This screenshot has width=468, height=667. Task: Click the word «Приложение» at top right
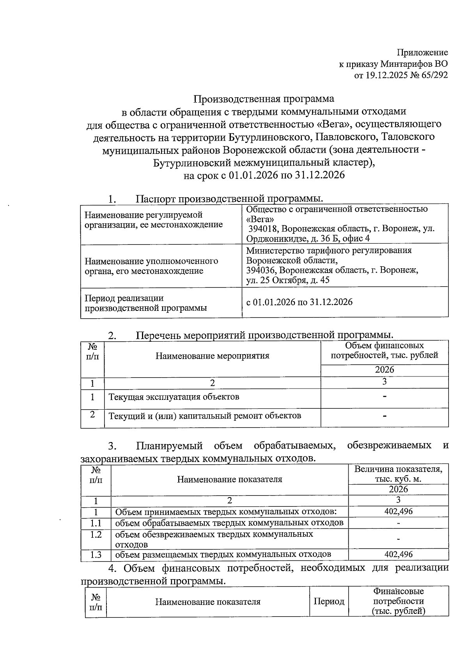[x=422, y=52]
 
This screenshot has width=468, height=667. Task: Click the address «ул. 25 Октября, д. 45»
[x=288, y=280]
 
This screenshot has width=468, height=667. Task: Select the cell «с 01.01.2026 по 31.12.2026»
[x=299, y=302]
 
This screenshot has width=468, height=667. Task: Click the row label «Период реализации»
[x=124, y=298]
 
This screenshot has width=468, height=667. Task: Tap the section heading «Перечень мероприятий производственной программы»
[x=264, y=335]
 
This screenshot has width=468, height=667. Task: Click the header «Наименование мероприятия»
[x=212, y=356]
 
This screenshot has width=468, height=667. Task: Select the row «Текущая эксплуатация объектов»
[x=174, y=397]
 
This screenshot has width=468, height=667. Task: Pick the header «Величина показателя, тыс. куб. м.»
[x=398, y=474]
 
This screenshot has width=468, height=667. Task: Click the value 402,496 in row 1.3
[x=398, y=554]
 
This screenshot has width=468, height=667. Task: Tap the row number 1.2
[x=96, y=535]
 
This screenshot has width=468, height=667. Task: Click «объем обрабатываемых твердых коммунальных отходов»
[x=229, y=523]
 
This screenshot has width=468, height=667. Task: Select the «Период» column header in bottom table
[x=329, y=601]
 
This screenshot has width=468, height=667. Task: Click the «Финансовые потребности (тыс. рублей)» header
[x=398, y=601]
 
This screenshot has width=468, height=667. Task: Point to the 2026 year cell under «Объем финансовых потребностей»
[x=385, y=369]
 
